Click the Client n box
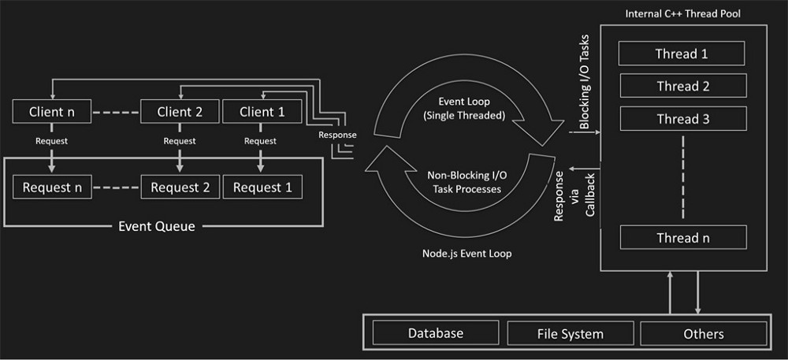click(x=52, y=112)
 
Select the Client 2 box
click(x=180, y=112)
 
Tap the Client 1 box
click(x=262, y=112)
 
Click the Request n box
click(x=52, y=187)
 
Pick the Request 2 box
click(x=180, y=187)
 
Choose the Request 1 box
click(x=262, y=187)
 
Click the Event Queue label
click(x=156, y=226)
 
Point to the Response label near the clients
click(x=337, y=135)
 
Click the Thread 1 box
click(x=682, y=54)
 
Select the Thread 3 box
click(x=682, y=119)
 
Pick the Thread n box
click(x=682, y=237)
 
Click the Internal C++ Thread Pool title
click(x=682, y=14)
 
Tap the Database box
click(x=435, y=333)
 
